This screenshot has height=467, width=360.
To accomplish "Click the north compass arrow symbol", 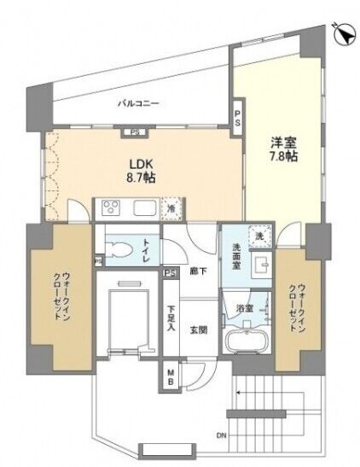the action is click(345, 35).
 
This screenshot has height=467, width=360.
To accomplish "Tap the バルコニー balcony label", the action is click(139, 104).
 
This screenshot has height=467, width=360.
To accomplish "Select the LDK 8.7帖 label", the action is click(141, 171).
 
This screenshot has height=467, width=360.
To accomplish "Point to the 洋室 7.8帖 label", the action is click(283, 149).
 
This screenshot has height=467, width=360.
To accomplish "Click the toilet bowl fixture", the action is click(119, 249).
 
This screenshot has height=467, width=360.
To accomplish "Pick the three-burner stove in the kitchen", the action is click(111, 207).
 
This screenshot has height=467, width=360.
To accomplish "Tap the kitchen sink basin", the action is click(145, 208).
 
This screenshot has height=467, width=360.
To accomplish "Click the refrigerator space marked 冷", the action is click(171, 209).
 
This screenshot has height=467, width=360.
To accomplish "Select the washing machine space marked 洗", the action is click(260, 236).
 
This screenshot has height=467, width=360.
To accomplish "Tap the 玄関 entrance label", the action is click(199, 330).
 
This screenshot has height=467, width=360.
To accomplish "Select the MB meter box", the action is click(171, 377).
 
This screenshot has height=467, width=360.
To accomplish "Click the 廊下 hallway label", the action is click(199, 271).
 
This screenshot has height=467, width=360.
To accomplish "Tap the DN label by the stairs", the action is click(221, 436).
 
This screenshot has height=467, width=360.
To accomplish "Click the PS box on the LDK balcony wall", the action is click(135, 133).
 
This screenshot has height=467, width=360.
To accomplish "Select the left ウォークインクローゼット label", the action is click(61, 296).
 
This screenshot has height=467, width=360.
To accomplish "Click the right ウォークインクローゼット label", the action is click(298, 307).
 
